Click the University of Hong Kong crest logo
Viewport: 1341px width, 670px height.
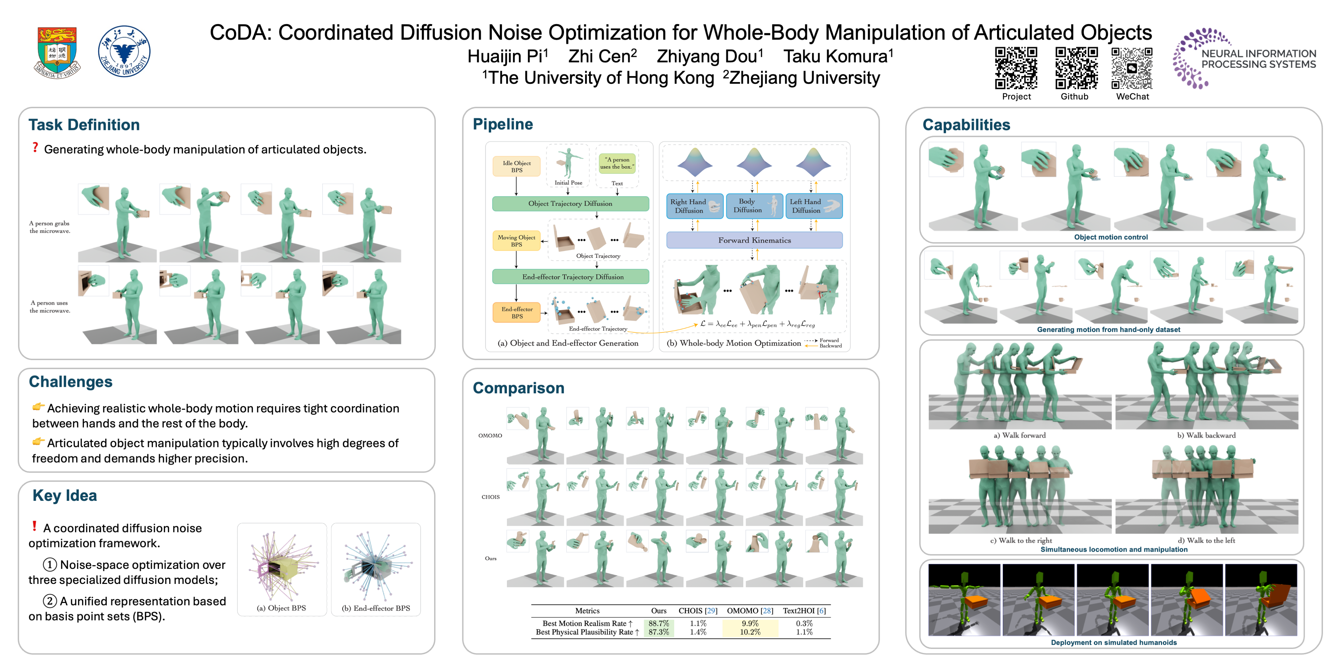pos(57,52)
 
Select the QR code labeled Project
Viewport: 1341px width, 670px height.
pos(1016,68)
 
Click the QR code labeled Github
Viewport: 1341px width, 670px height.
pos(1076,68)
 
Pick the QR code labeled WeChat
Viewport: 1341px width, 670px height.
pos(1132,68)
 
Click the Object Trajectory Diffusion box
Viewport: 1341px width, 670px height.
pos(570,203)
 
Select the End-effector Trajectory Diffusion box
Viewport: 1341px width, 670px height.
pos(570,277)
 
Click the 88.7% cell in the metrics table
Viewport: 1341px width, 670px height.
pos(658,623)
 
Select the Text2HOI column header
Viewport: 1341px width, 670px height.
pos(804,611)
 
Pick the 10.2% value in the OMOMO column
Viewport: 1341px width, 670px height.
pos(750,632)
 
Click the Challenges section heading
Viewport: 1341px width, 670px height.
pos(71,382)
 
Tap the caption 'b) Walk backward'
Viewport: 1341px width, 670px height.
pos(1206,435)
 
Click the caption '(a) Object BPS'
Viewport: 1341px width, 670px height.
pos(281,608)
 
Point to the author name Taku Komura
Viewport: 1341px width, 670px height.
pos(838,56)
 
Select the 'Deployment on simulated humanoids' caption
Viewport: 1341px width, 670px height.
pos(1113,643)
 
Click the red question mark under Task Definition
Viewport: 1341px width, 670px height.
pos(35,148)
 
